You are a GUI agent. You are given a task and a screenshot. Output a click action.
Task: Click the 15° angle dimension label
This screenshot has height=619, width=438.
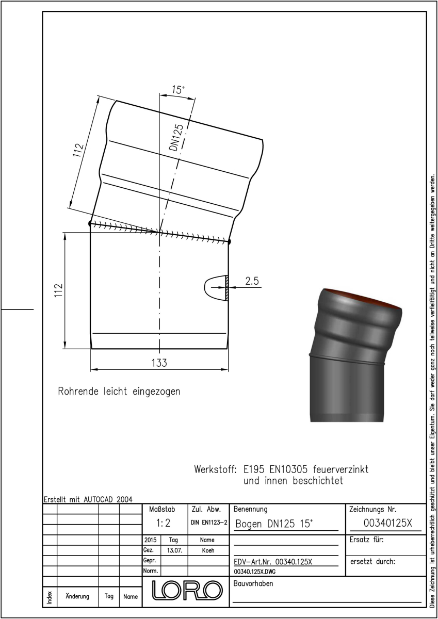pyautogui.click(x=178, y=90)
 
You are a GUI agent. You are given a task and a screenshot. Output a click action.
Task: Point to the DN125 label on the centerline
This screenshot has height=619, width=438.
pyautogui.click(x=176, y=138)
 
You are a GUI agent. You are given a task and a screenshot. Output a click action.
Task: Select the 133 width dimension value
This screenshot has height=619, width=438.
pyautogui.click(x=159, y=363)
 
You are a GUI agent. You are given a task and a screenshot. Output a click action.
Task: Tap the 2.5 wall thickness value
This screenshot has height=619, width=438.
pyautogui.click(x=252, y=281)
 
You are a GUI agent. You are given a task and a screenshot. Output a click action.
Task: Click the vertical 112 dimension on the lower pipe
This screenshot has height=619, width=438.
pyautogui.click(x=59, y=290)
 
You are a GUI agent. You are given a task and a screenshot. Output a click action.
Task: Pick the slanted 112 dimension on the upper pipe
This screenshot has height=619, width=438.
pyautogui.click(x=78, y=150)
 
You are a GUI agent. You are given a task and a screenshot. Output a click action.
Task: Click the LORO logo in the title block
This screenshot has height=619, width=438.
pyautogui.click(x=187, y=590)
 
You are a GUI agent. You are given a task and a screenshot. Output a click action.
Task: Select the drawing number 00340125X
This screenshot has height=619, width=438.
pyautogui.click(x=388, y=523)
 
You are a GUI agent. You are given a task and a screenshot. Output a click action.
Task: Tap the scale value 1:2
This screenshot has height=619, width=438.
pyautogui.click(x=164, y=523)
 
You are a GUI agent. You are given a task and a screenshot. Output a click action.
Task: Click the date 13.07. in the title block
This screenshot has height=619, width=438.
pyautogui.click(x=175, y=550)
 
